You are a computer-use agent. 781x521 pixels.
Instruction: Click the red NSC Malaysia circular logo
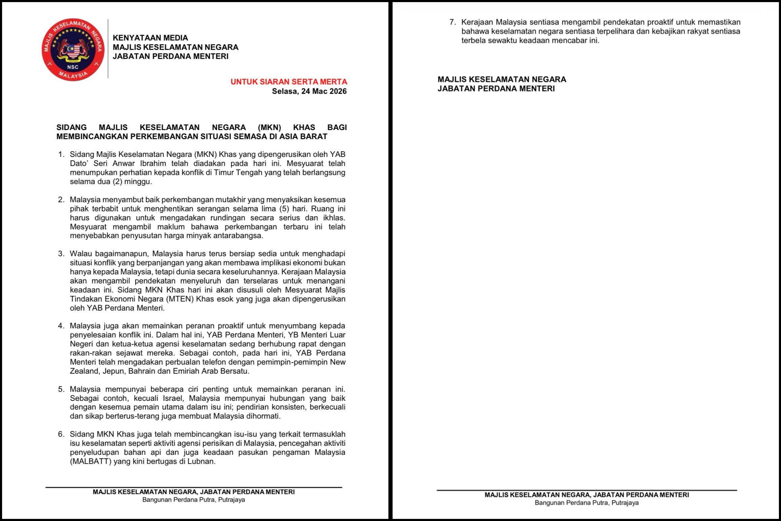point(73,49)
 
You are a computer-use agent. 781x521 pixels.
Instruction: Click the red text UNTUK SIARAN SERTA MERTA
point(288,82)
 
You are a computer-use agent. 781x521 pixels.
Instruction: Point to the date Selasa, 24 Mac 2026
point(309,91)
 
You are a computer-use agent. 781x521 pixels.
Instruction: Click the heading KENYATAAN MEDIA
point(150,38)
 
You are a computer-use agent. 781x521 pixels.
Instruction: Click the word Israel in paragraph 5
point(173,398)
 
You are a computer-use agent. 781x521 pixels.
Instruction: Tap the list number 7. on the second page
point(452,22)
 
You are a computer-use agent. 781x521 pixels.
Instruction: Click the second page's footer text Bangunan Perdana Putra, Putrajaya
point(587,503)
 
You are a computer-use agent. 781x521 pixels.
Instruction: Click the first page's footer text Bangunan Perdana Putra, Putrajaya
point(194,500)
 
